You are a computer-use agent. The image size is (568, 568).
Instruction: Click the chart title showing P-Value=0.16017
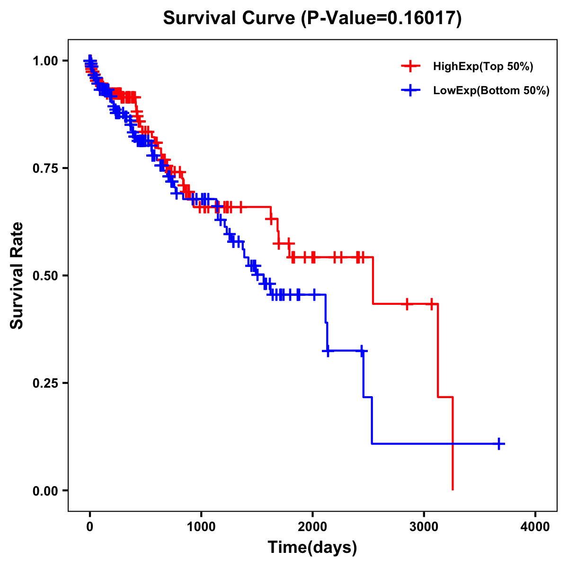coord(312,18)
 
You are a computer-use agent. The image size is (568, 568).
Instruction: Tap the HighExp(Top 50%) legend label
coord(483,66)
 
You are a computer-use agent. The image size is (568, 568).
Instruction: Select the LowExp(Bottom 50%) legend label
coord(491,90)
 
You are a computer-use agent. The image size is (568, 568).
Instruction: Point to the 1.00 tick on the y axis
coord(46,61)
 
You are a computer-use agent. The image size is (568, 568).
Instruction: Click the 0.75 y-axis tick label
coord(46,168)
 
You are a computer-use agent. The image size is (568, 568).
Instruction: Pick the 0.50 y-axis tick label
coord(46,275)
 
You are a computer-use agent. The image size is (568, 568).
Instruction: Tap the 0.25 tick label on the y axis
coord(46,383)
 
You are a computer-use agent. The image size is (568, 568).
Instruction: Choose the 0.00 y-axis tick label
coord(46,490)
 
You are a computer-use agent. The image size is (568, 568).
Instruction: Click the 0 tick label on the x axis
coord(90,527)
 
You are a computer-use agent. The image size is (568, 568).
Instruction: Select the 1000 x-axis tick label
coord(201,527)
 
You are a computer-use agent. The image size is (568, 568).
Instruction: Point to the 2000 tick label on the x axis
coord(312,527)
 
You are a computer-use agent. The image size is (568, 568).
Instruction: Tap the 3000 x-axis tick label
coord(424,527)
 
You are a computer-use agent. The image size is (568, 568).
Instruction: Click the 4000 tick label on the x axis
coord(535,527)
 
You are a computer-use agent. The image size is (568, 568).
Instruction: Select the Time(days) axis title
coord(312,548)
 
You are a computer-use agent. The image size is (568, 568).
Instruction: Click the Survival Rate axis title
coord(17,275)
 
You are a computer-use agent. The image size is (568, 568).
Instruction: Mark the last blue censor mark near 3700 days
coord(498,444)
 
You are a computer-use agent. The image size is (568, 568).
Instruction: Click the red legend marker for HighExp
coord(410,66)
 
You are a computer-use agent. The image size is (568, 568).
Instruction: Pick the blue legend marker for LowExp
coord(410,90)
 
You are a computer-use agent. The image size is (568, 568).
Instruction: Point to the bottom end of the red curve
coord(453,489)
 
